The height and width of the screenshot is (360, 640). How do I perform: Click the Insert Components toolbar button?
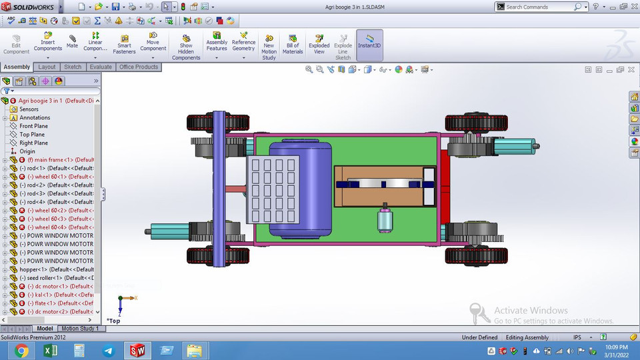pos(48,41)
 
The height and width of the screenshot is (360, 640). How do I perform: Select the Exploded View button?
pos(319,44)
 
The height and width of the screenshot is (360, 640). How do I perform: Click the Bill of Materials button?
pos(293,44)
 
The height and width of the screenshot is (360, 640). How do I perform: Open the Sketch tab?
pos(73,67)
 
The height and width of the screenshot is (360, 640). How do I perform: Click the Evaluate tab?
pos(101,67)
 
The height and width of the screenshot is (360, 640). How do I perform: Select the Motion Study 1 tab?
pos(81,329)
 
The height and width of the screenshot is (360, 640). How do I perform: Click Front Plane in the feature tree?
pos(33,126)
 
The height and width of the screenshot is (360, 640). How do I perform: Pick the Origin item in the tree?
pos(27,151)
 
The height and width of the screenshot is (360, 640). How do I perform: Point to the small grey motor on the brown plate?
pos(383,220)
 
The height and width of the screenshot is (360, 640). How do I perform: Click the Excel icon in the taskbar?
pos(51,350)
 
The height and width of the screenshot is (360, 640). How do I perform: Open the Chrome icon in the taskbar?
pos(21,350)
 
